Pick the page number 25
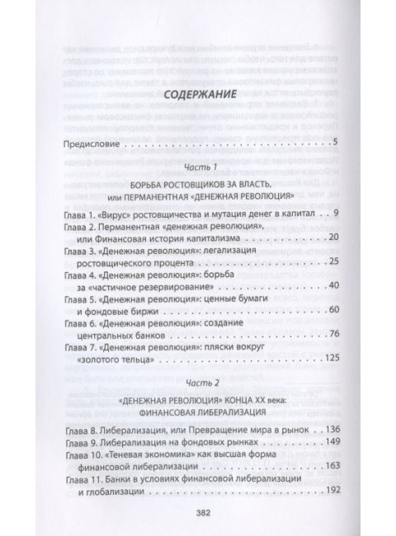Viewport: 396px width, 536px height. [333, 261]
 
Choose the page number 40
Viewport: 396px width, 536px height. [333, 285]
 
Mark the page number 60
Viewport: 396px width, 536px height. [333, 309]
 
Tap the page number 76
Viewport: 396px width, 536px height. [333, 332]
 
